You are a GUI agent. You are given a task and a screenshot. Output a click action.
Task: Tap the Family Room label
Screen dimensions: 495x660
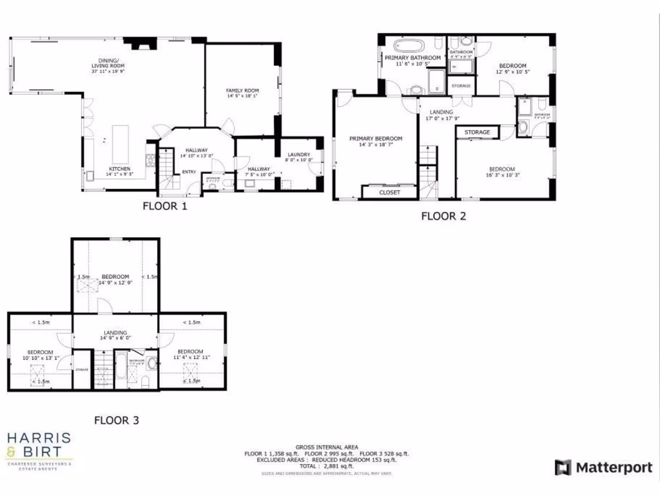click(242, 90)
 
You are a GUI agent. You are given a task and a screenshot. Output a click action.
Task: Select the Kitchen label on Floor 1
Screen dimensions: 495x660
click(119, 169)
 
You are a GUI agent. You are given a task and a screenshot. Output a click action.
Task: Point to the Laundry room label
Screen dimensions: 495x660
click(299, 155)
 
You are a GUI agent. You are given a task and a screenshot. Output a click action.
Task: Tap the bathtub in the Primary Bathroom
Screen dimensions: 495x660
click(409, 46)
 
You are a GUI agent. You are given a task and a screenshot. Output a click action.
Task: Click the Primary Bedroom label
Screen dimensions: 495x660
click(376, 139)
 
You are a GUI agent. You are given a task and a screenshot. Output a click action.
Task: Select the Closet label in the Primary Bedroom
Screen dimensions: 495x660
click(389, 192)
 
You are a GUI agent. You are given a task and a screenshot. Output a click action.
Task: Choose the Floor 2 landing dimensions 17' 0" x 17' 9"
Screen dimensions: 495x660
click(442, 118)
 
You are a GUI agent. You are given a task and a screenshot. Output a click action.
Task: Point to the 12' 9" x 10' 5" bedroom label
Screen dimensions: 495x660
click(512, 66)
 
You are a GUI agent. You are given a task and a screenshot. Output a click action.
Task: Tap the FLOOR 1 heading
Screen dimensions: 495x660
click(164, 207)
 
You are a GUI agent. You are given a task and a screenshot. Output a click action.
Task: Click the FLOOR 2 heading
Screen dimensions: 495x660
click(443, 216)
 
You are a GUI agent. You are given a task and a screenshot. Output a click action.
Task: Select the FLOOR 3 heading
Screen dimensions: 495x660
click(117, 420)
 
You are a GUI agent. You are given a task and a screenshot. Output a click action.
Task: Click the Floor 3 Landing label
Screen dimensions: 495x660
click(115, 333)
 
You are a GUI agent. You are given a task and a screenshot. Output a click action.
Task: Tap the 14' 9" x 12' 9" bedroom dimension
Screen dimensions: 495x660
click(115, 282)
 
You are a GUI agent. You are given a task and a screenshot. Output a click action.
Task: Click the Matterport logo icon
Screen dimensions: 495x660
click(563, 467)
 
